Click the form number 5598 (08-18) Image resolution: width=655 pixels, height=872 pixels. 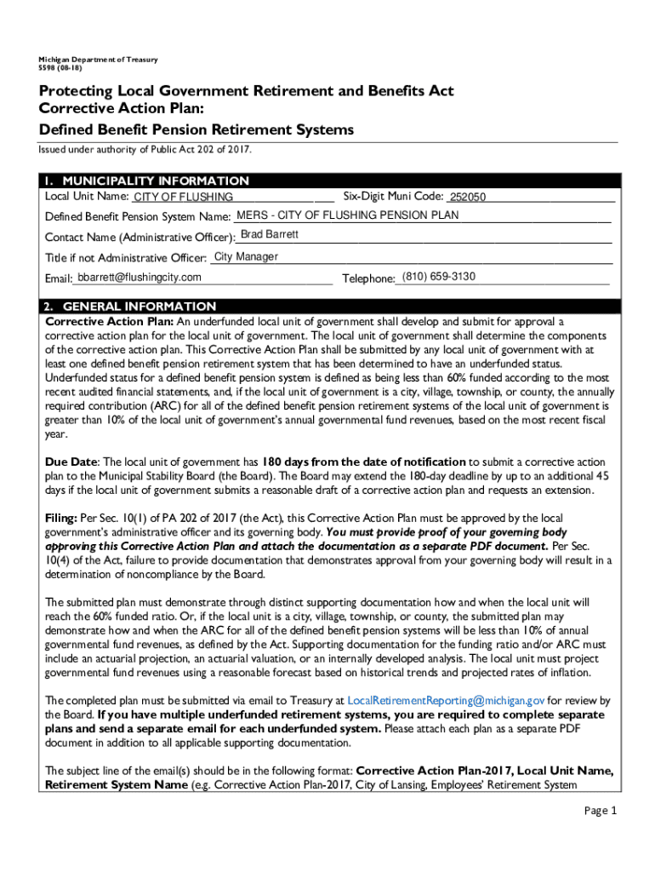click(60, 68)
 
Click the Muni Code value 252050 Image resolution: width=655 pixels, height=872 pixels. click(468, 198)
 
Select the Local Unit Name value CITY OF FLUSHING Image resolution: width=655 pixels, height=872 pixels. click(183, 198)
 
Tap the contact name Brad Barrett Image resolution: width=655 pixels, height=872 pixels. click(270, 234)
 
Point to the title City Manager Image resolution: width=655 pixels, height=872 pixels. click(246, 256)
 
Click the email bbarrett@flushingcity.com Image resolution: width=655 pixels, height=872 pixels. click(139, 278)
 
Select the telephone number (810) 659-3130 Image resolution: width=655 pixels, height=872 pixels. click(438, 277)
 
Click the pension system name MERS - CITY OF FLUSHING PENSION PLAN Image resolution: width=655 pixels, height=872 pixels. click(347, 215)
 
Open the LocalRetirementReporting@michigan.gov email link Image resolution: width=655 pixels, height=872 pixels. click(446, 700)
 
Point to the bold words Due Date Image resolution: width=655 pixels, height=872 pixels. click(71, 462)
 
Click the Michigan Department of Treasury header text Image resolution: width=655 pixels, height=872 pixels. click(92, 60)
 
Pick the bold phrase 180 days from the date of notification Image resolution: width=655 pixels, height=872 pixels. click(363, 462)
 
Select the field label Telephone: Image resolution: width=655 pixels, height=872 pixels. click(368, 278)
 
